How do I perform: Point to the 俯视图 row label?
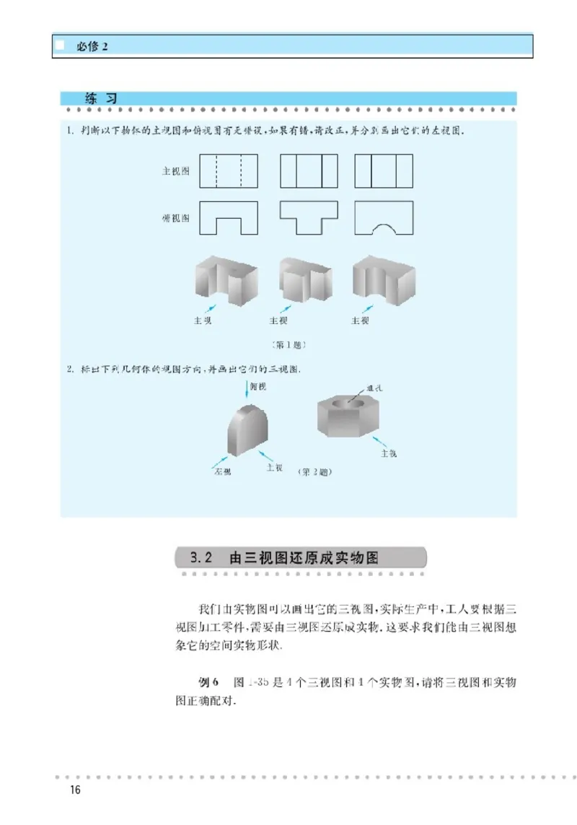point(175,218)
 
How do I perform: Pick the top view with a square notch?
point(229,218)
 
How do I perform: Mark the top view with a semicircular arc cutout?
point(384,218)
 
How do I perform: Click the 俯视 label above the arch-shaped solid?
point(258,385)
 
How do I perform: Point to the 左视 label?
point(221,472)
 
